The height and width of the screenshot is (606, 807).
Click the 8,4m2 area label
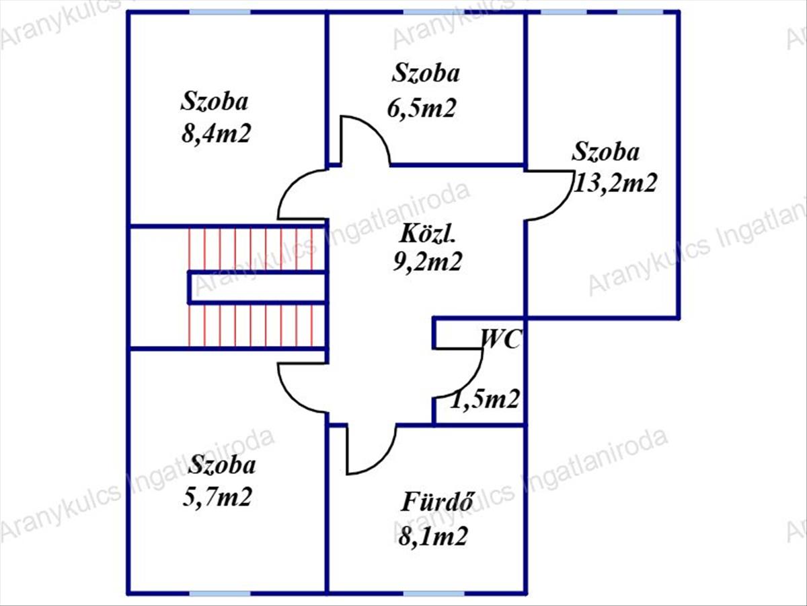215,133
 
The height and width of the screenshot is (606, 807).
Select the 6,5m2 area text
422,108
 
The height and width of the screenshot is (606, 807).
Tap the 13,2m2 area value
613,183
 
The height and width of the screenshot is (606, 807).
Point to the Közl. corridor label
428,234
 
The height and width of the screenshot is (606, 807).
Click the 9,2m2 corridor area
428,261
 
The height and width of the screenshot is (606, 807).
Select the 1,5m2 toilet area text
486,400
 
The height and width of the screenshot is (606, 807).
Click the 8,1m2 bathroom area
432,537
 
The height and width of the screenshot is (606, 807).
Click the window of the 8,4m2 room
220,12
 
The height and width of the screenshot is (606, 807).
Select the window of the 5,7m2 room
220,593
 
